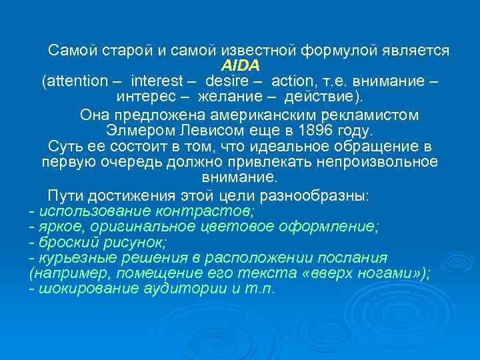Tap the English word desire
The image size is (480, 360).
pyautogui.click(x=227, y=81)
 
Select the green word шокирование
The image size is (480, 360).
pyautogui.click(x=83, y=289)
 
